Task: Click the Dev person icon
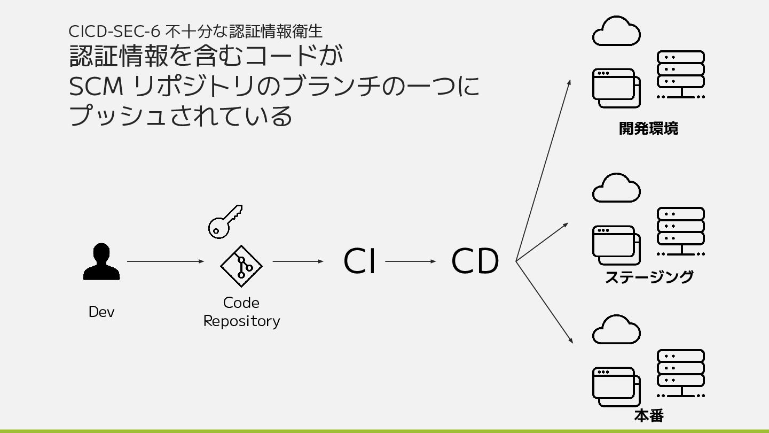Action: tap(101, 262)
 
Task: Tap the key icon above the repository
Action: tap(224, 221)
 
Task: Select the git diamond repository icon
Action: tap(241, 266)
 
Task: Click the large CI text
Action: tap(359, 261)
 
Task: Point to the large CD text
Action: tap(475, 261)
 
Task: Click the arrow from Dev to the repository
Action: tap(166, 261)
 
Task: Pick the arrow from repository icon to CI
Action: tap(298, 261)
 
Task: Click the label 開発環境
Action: tap(648, 129)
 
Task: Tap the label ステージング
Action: tap(649, 277)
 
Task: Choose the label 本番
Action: tap(649, 415)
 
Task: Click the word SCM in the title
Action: tap(96, 87)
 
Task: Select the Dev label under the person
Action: tap(101, 312)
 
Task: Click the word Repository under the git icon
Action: tap(241, 321)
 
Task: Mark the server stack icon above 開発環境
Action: tap(680, 75)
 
